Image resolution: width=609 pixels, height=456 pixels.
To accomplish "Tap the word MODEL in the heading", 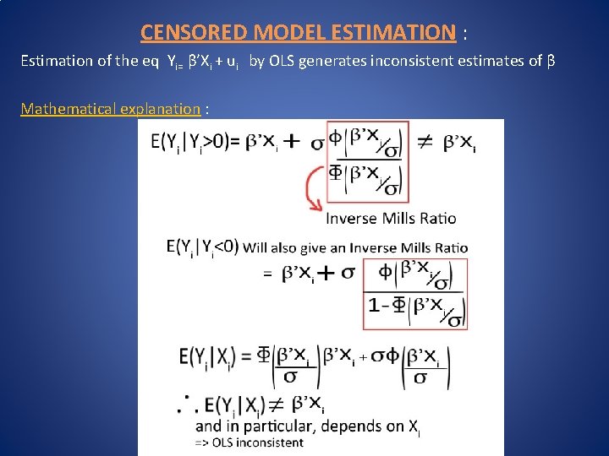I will click(284, 33).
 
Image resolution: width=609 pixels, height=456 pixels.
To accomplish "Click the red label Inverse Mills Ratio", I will click(391, 218).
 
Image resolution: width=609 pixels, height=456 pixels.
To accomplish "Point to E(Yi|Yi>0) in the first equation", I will click(195, 144).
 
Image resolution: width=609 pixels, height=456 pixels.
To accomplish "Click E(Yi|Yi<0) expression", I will click(203, 248).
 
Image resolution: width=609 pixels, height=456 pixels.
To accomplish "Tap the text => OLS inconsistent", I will click(249, 442).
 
